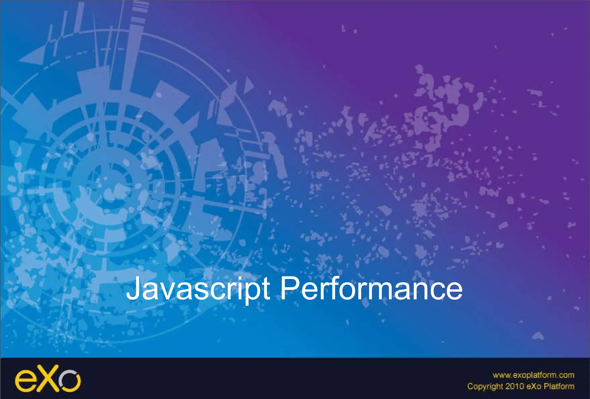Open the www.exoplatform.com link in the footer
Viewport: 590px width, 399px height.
(x=533, y=375)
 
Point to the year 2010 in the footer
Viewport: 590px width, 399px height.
(x=515, y=386)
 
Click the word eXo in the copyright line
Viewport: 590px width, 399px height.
(x=534, y=386)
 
